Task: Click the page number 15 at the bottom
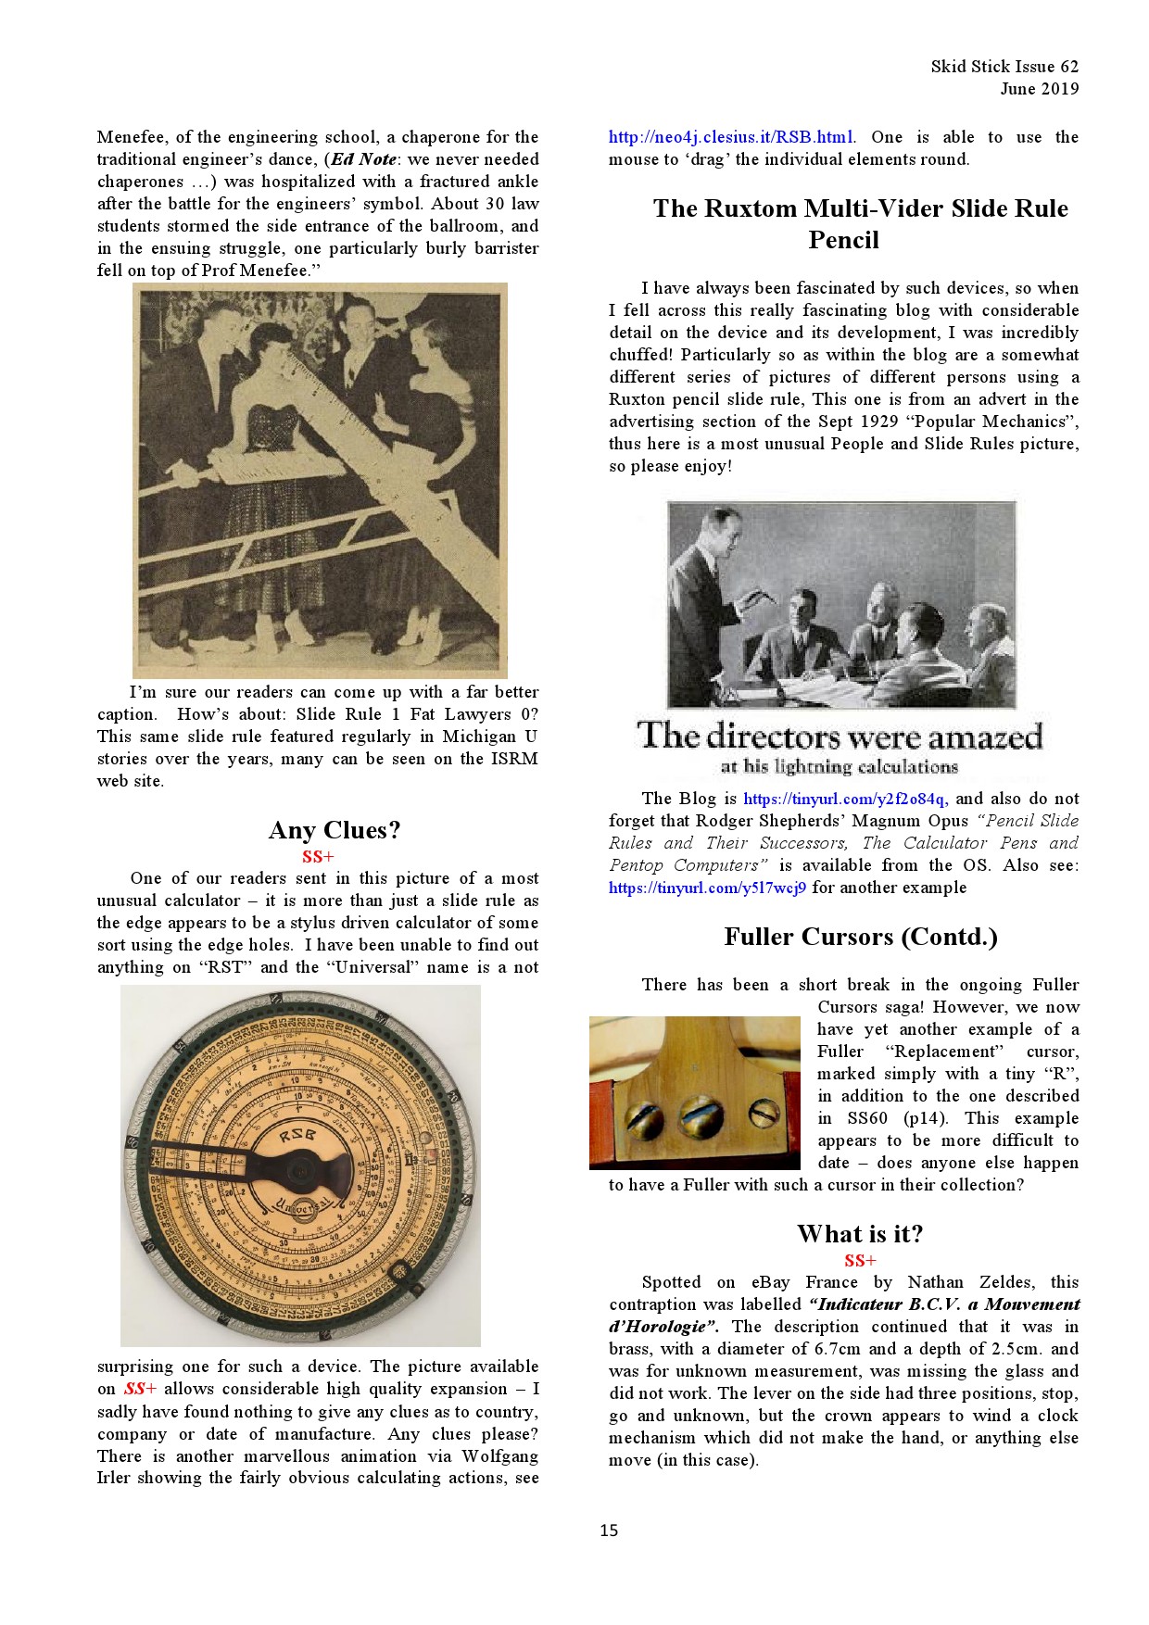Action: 608,1530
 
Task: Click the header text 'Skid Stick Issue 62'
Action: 1004,67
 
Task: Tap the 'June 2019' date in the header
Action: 1039,89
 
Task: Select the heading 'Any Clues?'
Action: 335,829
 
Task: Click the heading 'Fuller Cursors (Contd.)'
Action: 860,937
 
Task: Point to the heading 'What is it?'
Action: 860,1234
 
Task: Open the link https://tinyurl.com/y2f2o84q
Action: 843,799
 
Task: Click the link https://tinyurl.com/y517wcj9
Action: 707,888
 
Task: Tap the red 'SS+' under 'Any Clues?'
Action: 318,856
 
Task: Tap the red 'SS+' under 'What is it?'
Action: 860,1260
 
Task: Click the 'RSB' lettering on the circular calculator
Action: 297,1135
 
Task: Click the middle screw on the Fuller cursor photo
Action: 701,1117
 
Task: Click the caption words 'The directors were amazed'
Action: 840,737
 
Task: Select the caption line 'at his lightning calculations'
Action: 840,767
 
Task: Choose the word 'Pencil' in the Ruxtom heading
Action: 843,240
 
